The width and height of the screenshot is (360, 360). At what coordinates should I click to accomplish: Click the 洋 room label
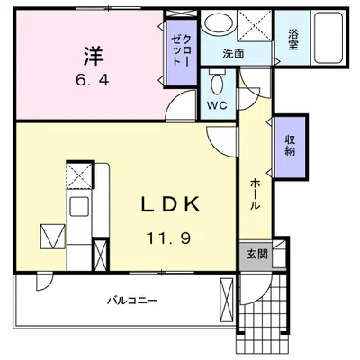coord(94,56)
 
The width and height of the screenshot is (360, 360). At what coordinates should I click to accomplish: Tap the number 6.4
coord(93,81)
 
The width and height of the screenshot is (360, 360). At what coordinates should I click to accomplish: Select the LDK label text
coord(170,204)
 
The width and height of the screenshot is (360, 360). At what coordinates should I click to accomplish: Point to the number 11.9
coord(168,238)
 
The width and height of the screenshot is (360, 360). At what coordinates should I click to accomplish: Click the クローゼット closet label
coord(181,50)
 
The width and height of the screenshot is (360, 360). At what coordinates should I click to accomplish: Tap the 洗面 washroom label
coord(233,54)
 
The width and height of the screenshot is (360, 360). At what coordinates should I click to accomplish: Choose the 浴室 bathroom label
coord(292,40)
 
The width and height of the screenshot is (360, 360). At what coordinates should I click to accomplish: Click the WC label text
coord(218,105)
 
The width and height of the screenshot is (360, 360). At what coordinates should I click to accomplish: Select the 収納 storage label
coord(290,146)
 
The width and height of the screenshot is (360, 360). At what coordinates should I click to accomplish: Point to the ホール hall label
coord(255,194)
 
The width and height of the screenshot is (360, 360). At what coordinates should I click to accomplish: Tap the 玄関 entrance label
coord(257,255)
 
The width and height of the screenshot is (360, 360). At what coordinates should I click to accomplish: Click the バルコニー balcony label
coord(132,300)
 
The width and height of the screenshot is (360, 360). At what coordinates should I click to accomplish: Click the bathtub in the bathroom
coord(328,38)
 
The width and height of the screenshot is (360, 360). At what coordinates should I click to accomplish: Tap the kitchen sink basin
coord(79,206)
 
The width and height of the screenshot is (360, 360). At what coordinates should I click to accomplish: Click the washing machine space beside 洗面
coord(255,25)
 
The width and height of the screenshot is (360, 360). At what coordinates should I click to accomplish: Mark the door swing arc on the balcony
coord(45,282)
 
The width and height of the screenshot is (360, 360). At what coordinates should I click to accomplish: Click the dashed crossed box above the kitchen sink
coord(78,175)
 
